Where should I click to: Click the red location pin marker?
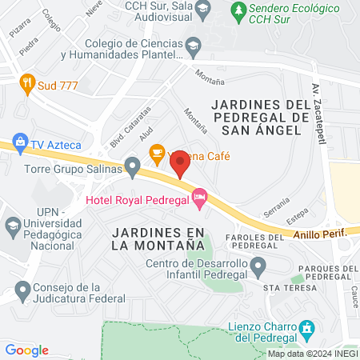[x=180, y=164]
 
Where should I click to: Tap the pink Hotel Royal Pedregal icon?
[x=200, y=195]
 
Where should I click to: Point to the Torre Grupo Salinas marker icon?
[x=134, y=168]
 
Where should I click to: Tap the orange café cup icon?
[x=157, y=150]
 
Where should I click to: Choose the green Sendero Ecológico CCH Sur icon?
[x=237, y=11]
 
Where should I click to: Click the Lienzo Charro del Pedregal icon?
[x=306, y=328]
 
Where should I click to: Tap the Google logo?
[x=27, y=350]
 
